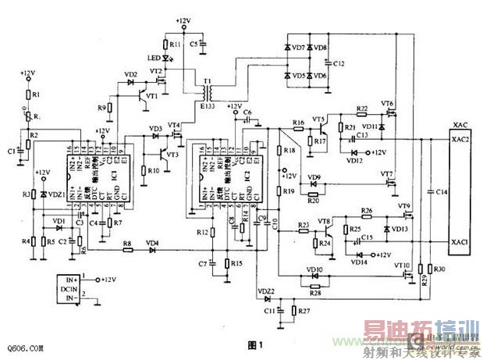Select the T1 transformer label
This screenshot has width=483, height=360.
[207, 81]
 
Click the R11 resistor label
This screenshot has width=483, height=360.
[175, 45]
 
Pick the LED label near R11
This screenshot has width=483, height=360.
[153, 58]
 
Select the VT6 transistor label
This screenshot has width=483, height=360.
[387, 104]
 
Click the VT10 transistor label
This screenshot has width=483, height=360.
[403, 265]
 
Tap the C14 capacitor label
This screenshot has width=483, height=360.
[442, 191]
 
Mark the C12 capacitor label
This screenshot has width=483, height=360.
[337, 63]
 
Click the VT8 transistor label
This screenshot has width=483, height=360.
[325, 222]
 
